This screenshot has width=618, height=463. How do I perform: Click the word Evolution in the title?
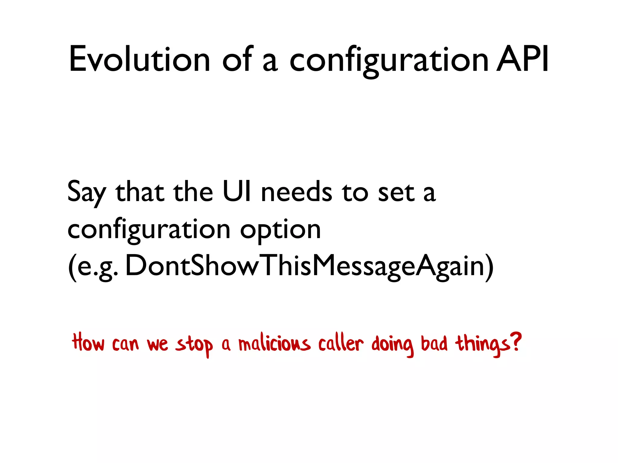point(139,59)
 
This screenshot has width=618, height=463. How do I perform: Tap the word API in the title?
point(522,59)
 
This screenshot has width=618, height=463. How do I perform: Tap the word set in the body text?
point(396,193)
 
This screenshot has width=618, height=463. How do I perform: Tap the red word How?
point(88,343)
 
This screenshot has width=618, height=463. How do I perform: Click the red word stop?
point(194,345)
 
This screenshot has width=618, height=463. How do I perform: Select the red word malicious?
point(274,344)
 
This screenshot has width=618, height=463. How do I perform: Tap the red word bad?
point(434,343)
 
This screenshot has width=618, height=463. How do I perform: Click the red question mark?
point(516,342)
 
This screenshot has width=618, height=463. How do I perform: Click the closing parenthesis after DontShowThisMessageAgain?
point(489,267)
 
